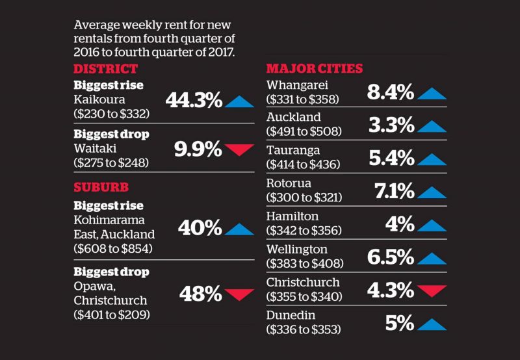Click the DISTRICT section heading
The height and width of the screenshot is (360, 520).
coord(105,70)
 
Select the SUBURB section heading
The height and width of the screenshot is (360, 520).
coord(101,188)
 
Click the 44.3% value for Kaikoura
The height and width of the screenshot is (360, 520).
coord(194,101)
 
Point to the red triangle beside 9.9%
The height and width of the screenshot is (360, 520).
coord(239,150)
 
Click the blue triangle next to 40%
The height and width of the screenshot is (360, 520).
coord(239,228)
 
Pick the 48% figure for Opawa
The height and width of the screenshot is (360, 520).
coord(201,294)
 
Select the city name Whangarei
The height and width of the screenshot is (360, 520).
coord(297,85)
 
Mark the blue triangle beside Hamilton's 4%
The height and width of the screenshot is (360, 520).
coord(432,225)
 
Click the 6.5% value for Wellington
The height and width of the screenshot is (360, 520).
coord(391,257)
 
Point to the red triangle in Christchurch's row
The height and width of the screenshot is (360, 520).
coord(432,290)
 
